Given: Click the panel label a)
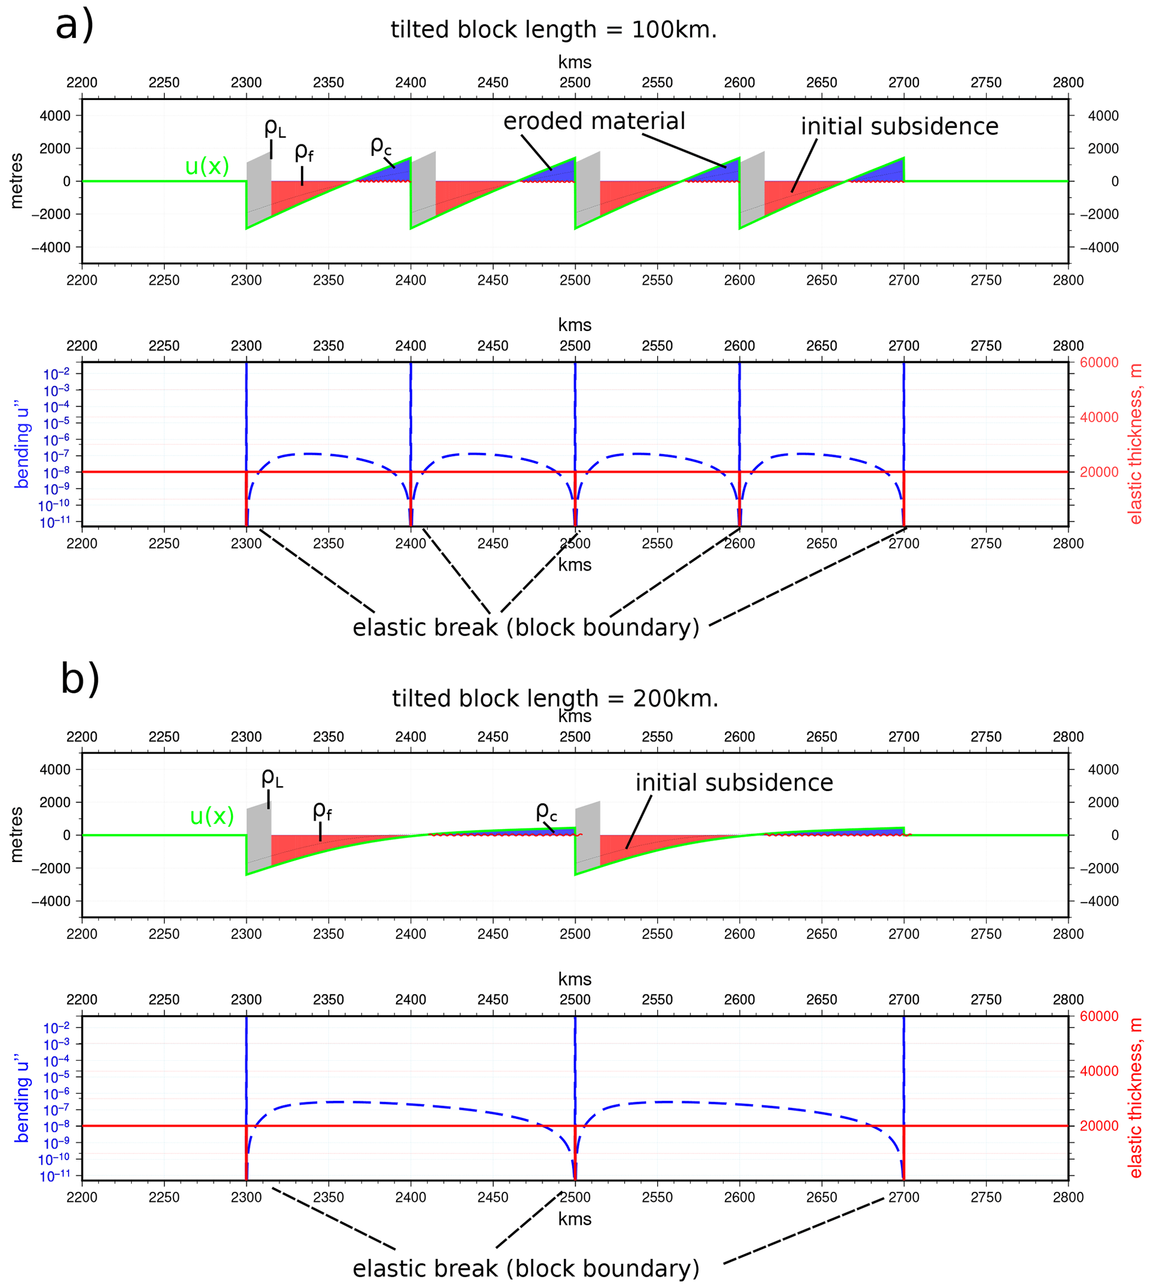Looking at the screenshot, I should coord(74,27).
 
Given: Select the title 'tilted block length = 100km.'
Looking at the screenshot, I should coord(553,30).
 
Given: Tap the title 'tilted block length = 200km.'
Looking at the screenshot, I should coord(555,699).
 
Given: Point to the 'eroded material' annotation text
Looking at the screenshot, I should coord(594,121).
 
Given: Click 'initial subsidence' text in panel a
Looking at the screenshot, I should coord(899,127).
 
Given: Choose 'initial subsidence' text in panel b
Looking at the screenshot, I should coord(734,783).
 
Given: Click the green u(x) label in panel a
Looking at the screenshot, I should coord(207,167).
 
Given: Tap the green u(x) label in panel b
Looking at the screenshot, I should coord(212,816).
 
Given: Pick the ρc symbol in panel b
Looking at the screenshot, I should coord(546,811).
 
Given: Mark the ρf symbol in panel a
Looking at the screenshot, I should coord(304,152).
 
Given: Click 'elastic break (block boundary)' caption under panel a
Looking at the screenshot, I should coord(526,628).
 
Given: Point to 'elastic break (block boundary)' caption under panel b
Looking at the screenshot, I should coord(526,1268).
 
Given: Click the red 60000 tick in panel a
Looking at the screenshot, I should coord(1099,363).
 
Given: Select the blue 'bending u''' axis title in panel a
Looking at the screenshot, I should coord(23,444).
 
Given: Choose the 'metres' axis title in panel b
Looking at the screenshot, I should coord(17,835).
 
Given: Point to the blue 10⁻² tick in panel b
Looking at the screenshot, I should coord(55,1028).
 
